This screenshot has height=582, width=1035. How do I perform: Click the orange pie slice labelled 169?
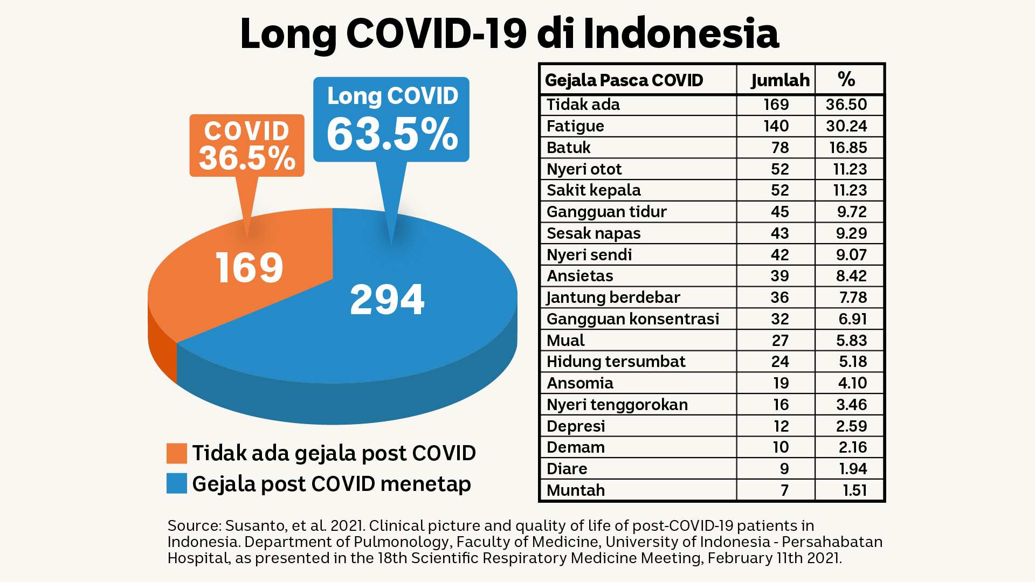[243, 269]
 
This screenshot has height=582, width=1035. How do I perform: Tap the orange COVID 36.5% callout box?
[247, 145]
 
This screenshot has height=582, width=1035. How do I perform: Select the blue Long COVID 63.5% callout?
[391, 120]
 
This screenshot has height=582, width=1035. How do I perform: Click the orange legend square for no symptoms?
[177, 453]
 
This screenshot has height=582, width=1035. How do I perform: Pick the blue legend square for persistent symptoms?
[177, 483]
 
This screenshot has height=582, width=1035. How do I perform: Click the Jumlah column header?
[780, 80]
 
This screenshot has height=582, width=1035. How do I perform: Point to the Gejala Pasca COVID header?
[624, 80]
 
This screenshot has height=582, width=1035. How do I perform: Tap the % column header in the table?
[846, 79]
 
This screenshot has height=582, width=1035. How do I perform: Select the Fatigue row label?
[575, 126]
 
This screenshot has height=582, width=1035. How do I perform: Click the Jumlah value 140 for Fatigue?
[776, 126]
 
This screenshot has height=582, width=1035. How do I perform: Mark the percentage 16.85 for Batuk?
[848, 148]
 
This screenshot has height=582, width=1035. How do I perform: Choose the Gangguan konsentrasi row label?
[633, 319]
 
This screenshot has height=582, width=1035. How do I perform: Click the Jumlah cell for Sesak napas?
[779, 233]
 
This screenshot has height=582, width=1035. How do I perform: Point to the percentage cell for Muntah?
[855, 490]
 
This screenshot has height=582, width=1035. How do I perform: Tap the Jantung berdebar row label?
[613, 297]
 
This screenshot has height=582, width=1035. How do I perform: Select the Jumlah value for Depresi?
[781, 426]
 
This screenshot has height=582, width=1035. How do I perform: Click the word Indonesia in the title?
[681, 33]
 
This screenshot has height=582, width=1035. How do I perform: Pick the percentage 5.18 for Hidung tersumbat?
[853, 362]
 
